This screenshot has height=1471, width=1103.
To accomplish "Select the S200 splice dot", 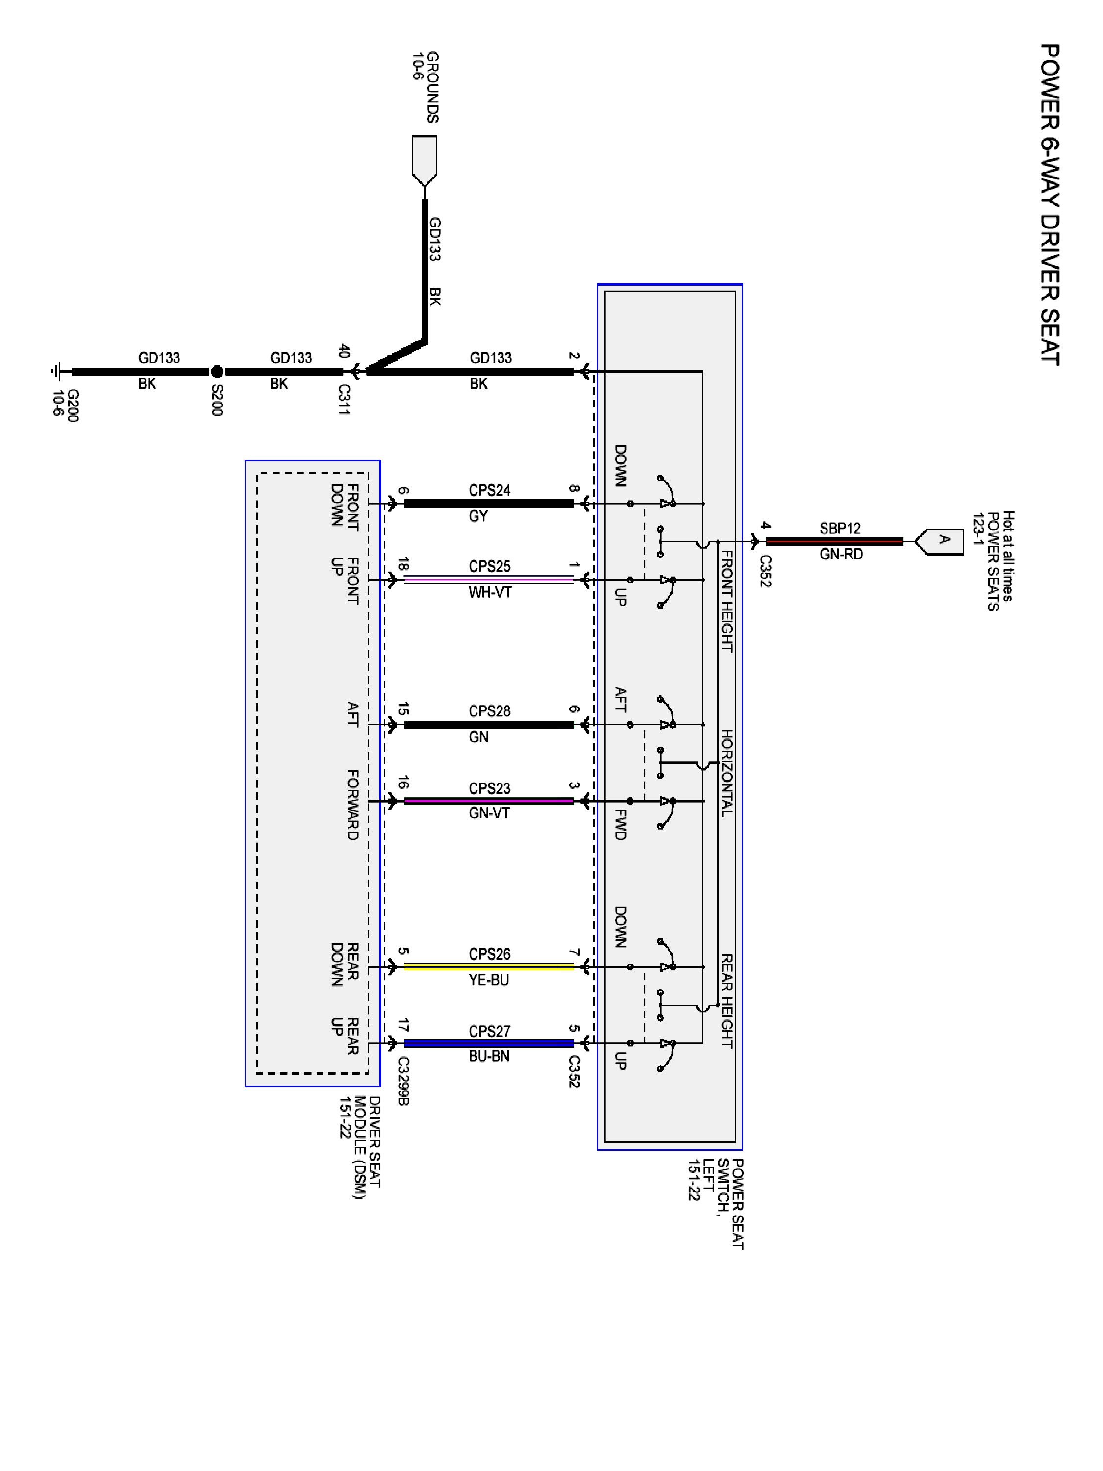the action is (217, 372).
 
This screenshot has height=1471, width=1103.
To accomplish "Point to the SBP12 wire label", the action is (840, 529).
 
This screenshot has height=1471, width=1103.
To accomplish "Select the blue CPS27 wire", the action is (489, 1043).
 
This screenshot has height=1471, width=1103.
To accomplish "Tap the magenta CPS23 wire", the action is (489, 801).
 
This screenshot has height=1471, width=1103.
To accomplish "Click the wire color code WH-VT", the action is (490, 592).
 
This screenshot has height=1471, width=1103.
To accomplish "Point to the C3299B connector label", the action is (403, 1081).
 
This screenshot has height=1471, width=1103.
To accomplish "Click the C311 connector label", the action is (344, 400).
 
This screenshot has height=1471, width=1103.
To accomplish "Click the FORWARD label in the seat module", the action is (352, 805).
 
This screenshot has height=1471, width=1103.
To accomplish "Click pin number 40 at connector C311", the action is (344, 351).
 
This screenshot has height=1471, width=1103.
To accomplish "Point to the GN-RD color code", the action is (841, 554).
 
